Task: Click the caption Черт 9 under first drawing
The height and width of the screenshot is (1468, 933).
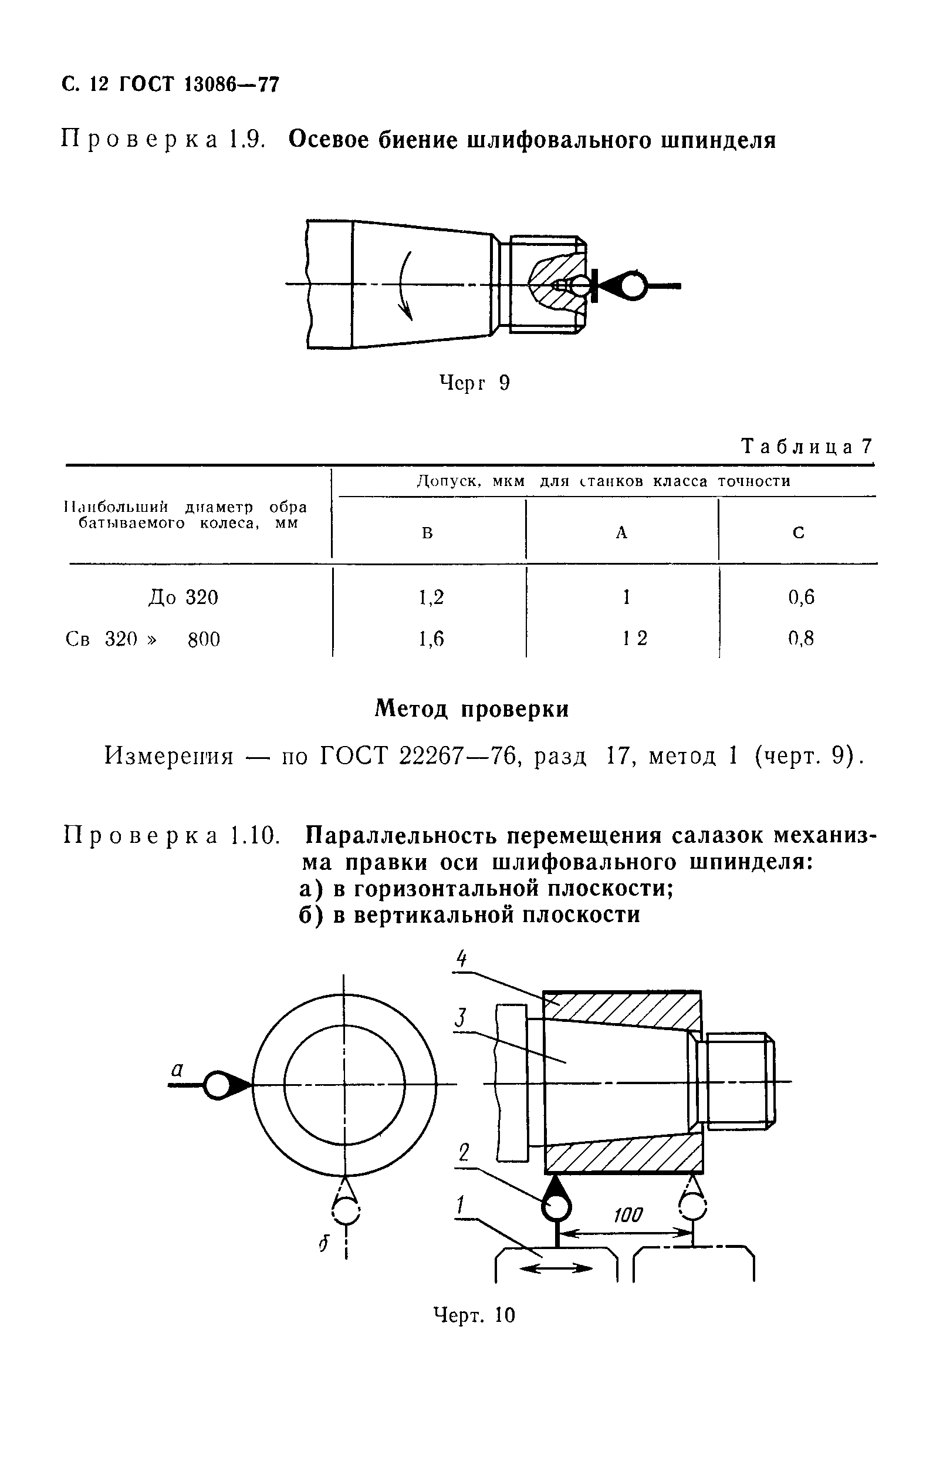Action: click(x=474, y=383)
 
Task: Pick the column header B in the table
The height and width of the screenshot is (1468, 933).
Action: click(x=427, y=533)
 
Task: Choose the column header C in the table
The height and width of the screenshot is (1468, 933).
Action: click(x=797, y=533)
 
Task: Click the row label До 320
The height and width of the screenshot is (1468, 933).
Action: click(x=183, y=597)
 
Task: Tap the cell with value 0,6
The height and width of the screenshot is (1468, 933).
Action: click(x=801, y=597)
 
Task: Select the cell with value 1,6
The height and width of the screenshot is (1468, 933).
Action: click(x=431, y=638)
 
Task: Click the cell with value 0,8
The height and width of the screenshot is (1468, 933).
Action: click(x=801, y=638)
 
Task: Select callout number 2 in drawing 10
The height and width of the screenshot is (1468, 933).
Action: click(x=464, y=1152)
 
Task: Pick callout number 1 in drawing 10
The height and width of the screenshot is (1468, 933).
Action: click(x=461, y=1204)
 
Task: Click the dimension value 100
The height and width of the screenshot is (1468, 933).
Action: click(x=628, y=1215)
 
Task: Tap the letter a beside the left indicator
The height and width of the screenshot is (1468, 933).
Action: click(x=177, y=1069)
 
